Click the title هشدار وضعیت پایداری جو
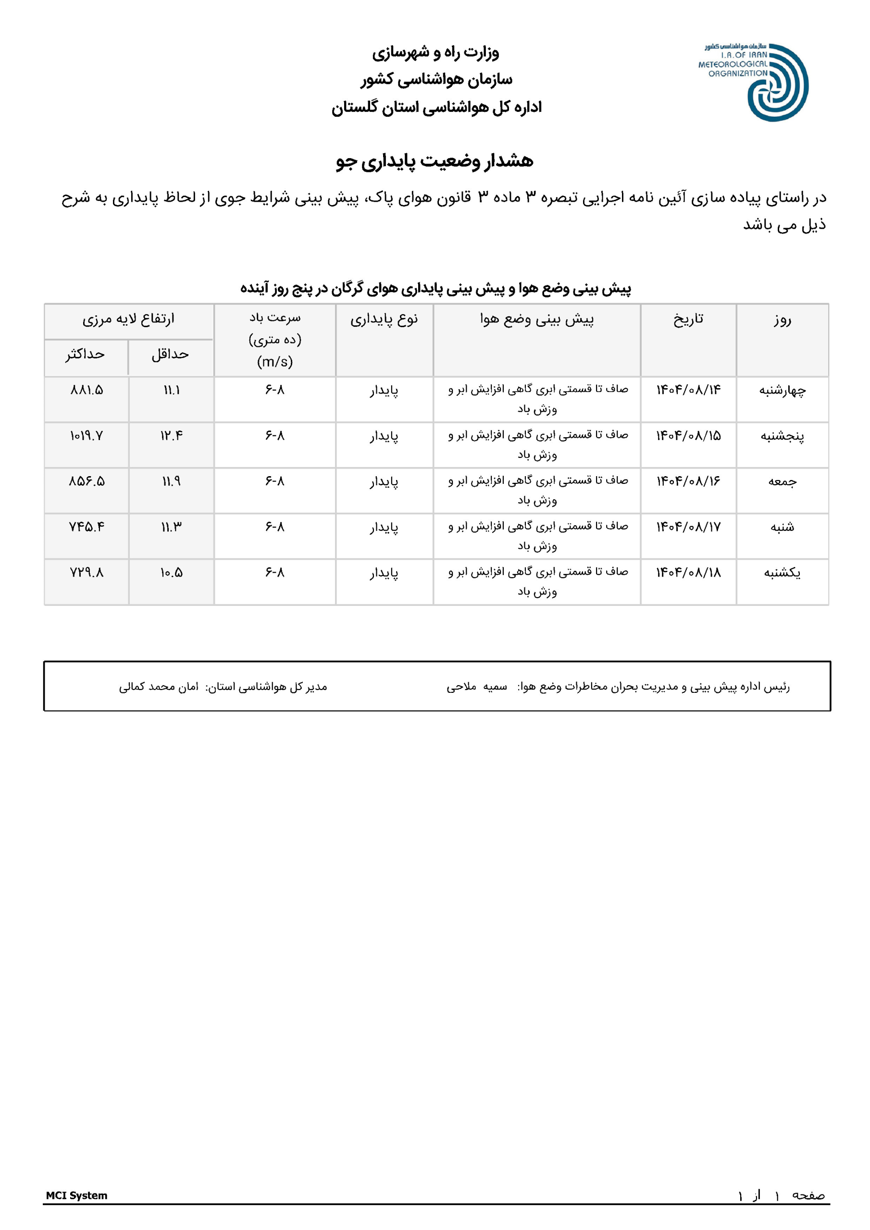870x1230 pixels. [x=435, y=161]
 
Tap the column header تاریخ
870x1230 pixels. [x=688, y=320]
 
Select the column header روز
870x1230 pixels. [x=782, y=320]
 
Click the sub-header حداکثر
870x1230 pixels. [x=85, y=354]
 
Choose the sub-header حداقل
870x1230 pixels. [x=171, y=354]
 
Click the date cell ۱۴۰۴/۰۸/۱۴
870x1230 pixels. [x=688, y=390]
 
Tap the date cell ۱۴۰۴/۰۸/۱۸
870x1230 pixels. [x=688, y=573]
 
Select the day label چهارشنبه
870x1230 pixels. [x=782, y=391]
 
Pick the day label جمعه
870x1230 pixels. [x=782, y=481]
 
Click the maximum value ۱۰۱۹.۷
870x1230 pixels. [x=87, y=436]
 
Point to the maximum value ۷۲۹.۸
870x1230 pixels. [x=87, y=573]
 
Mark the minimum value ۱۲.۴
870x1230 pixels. [x=172, y=436]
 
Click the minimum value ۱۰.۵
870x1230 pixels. [x=172, y=573]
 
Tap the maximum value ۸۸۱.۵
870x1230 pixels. [x=87, y=390]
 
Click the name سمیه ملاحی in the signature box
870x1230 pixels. [x=476, y=687]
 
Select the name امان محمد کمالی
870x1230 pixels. [x=159, y=687]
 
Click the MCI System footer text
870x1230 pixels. [x=76, y=1195]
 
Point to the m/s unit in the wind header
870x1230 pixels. [x=275, y=362]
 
